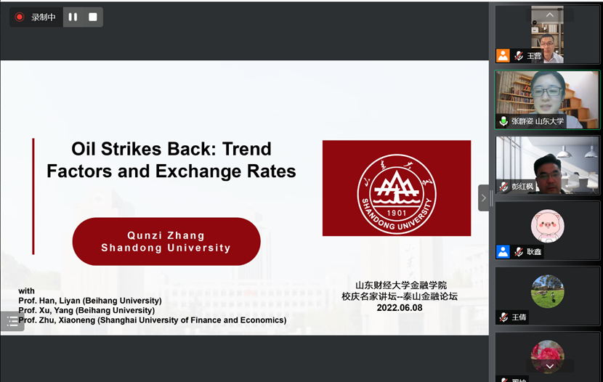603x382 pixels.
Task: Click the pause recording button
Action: coord(73,17)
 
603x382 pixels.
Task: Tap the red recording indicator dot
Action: coord(19,17)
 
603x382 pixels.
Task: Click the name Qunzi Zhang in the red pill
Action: coord(166,235)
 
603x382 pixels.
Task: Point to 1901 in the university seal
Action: coord(397,213)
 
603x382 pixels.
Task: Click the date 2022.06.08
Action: coord(400,308)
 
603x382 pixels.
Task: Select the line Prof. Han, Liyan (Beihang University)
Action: coord(90,301)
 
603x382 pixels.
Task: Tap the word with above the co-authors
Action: coord(27,291)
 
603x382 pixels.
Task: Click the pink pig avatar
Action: coord(548,226)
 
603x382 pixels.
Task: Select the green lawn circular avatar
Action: coord(548,291)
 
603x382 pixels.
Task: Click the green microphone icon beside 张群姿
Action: coord(503,121)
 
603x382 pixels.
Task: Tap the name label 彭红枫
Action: coord(522,187)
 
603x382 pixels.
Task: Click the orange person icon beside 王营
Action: coord(503,56)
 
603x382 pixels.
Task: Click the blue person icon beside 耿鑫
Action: coord(503,252)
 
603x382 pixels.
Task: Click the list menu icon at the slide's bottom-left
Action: coord(12,321)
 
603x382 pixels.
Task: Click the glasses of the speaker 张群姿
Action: coord(547,92)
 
